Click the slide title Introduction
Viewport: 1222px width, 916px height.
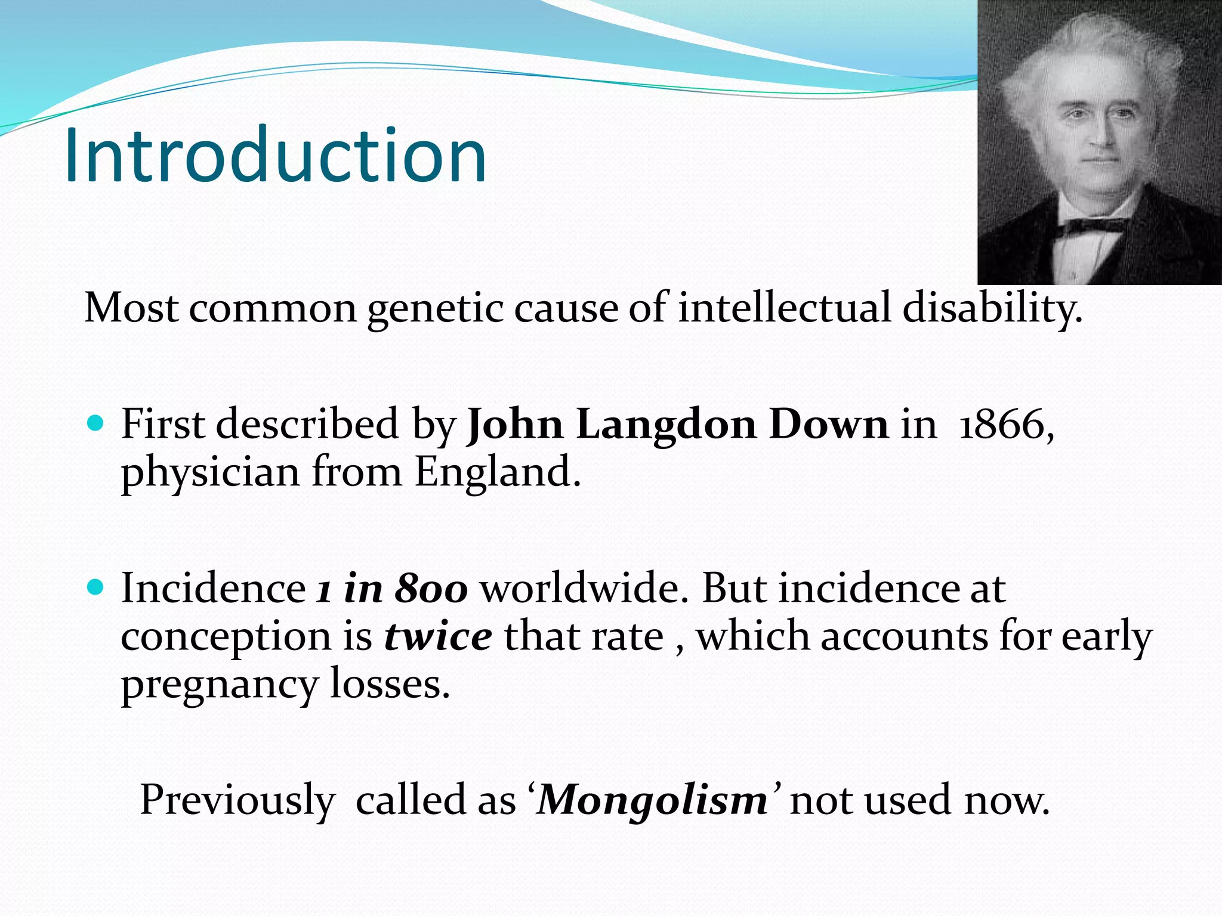point(275,157)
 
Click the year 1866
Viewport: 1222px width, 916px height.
point(1002,425)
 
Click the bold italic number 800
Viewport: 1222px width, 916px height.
point(431,589)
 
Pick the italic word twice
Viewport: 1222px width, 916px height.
point(438,637)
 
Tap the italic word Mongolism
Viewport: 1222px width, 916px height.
point(653,800)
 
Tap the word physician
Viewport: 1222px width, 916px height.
point(210,474)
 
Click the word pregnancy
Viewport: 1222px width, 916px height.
point(219,686)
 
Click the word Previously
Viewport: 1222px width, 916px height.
point(237,801)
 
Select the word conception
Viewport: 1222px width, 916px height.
point(226,638)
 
